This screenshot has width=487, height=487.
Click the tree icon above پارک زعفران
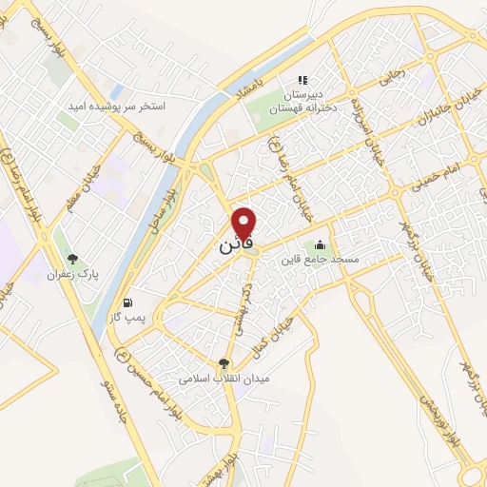(x=73, y=259)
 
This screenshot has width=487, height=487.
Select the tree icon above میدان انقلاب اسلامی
(x=224, y=362)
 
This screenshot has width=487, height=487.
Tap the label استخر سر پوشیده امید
(x=118, y=107)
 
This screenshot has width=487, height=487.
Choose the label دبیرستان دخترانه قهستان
(x=303, y=103)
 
